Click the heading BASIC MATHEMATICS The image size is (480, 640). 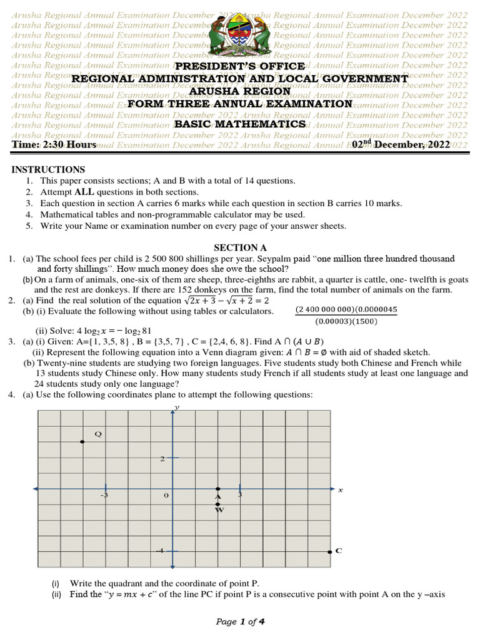tap(240, 124)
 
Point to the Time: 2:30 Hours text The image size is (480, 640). tap(54, 144)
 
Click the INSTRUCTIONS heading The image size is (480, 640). tap(48, 169)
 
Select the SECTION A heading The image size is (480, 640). tap(240, 247)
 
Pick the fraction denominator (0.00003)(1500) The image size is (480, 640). tap(346, 321)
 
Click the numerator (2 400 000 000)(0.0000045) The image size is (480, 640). tap(346, 309)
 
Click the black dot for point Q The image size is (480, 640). tap(82, 442)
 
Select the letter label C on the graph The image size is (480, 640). tap(339, 551)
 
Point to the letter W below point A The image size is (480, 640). tap(219, 510)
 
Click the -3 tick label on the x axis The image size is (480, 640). tap(104, 495)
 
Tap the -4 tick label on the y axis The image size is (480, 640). tap(160, 551)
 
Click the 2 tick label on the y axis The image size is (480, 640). tap(162, 458)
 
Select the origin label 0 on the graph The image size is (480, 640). tap(166, 495)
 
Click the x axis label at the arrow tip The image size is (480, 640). tap(341, 490)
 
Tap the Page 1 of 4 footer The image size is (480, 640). tap(240, 621)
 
